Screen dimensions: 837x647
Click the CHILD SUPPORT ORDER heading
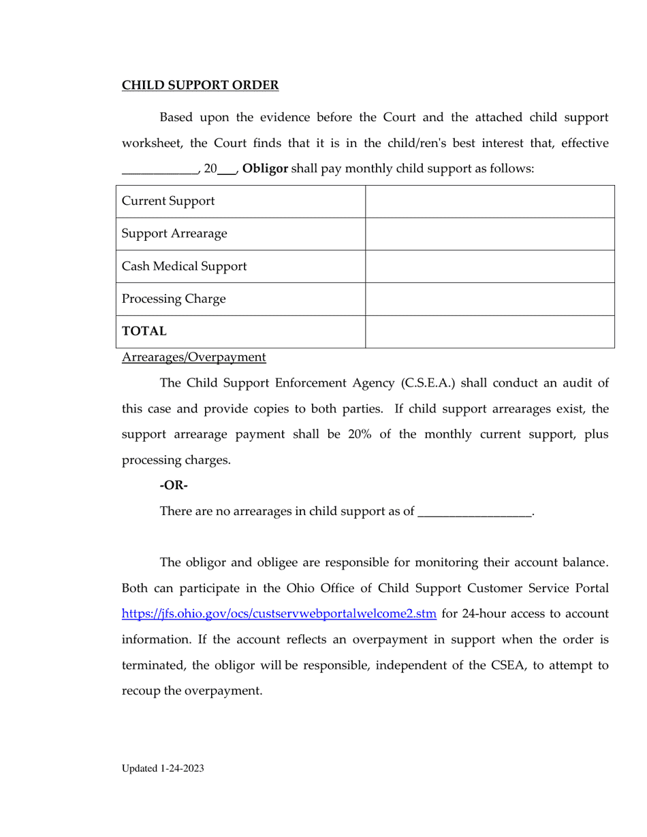pyautogui.click(x=200, y=85)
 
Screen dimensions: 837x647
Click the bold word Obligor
pyautogui.click(x=265, y=169)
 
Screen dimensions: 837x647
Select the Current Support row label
pyautogui.click(x=168, y=201)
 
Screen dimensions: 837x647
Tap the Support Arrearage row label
pyautogui.click(x=174, y=234)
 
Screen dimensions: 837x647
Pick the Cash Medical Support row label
pyautogui.click(x=184, y=267)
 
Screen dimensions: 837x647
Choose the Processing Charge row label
pyautogui.click(x=173, y=299)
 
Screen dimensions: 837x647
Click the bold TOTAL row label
pyautogui.click(x=144, y=331)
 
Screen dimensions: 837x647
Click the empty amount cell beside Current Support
pyautogui.click(x=490, y=201)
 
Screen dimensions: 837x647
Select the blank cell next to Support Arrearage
pyautogui.click(x=490, y=234)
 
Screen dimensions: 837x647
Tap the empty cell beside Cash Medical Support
pyautogui.click(x=490, y=267)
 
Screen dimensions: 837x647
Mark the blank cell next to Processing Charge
pyautogui.click(x=490, y=299)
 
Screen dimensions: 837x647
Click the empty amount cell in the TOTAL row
pyautogui.click(x=490, y=331)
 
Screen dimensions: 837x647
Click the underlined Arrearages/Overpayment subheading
pyautogui.click(x=193, y=357)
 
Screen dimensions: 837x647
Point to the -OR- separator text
pyautogui.click(x=173, y=485)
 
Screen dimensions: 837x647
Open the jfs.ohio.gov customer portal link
pyautogui.click(x=279, y=614)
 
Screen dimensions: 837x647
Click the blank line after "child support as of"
pyautogui.click(x=474, y=512)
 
